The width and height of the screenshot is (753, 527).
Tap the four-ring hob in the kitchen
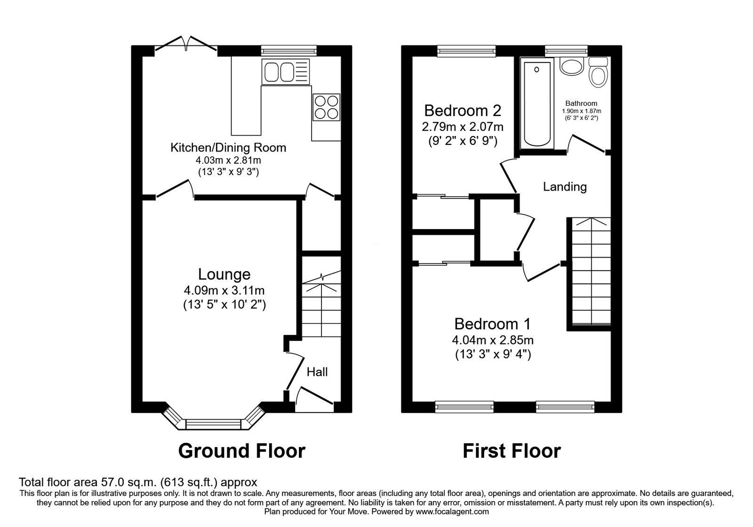(x=326, y=107)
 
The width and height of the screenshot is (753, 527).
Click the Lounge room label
(x=224, y=274)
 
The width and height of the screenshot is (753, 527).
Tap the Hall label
(x=317, y=372)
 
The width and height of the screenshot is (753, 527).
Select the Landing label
(x=565, y=187)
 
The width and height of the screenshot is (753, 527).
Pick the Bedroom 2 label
(x=462, y=111)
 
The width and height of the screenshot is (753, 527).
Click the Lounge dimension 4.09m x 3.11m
(x=224, y=290)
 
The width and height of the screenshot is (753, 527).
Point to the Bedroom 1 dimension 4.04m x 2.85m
(x=492, y=340)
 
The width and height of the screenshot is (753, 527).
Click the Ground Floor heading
(x=241, y=451)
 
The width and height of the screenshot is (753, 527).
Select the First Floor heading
(x=512, y=451)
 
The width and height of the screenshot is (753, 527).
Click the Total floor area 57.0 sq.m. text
(x=138, y=482)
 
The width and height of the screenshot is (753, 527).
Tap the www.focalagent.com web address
(x=451, y=511)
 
